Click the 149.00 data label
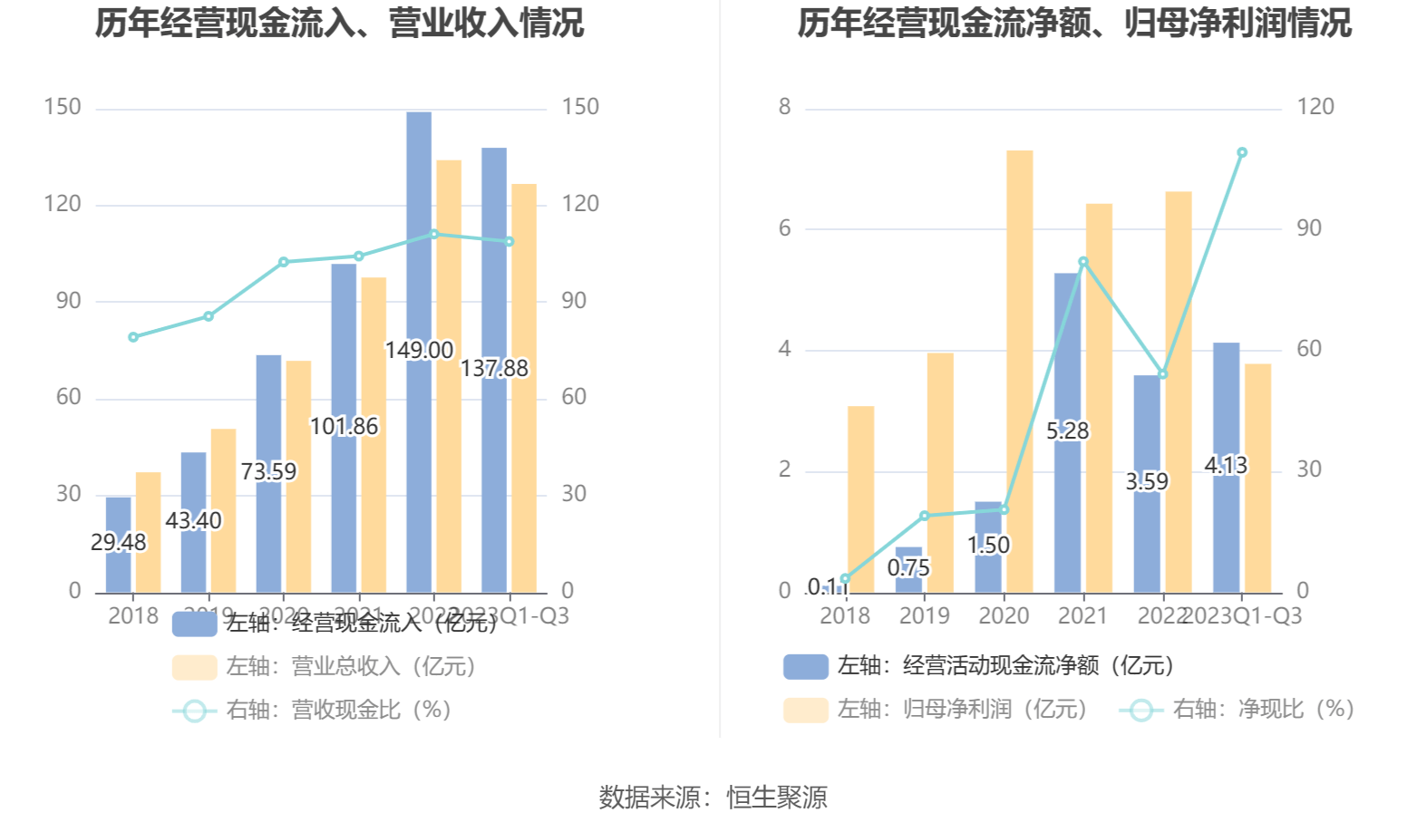click(419, 350)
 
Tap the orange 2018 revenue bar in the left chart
click(148, 533)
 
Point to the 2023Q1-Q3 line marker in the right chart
click(1242, 152)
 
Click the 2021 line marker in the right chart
click(1083, 262)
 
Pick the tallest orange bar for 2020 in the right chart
click(1019, 372)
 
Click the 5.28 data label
click(1068, 431)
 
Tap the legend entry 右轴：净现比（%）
click(1238, 710)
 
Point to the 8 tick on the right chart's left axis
click(784, 107)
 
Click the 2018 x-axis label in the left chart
click(133, 616)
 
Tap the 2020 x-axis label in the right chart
click(1004, 616)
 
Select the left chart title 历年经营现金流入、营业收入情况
click(339, 24)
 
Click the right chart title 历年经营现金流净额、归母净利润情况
click(1073, 24)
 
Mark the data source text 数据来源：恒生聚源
click(713, 798)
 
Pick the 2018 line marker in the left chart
click(133, 337)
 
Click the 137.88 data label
click(494, 369)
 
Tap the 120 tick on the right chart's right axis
click(1315, 107)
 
